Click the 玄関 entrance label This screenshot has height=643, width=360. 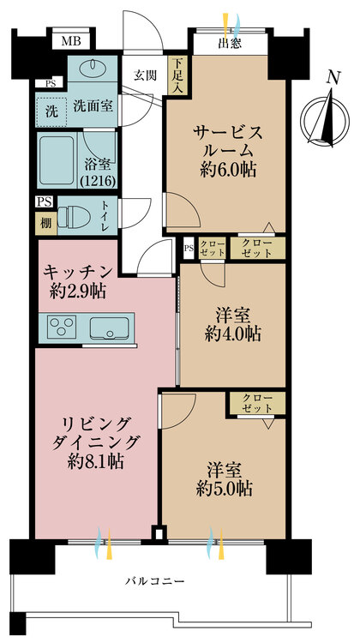[x=144, y=75]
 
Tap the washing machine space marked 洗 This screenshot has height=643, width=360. [x=51, y=109]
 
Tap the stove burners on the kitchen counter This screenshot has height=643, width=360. [x=63, y=327]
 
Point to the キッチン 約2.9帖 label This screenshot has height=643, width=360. [x=77, y=280]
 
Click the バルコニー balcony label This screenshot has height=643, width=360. [x=155, y=581]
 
